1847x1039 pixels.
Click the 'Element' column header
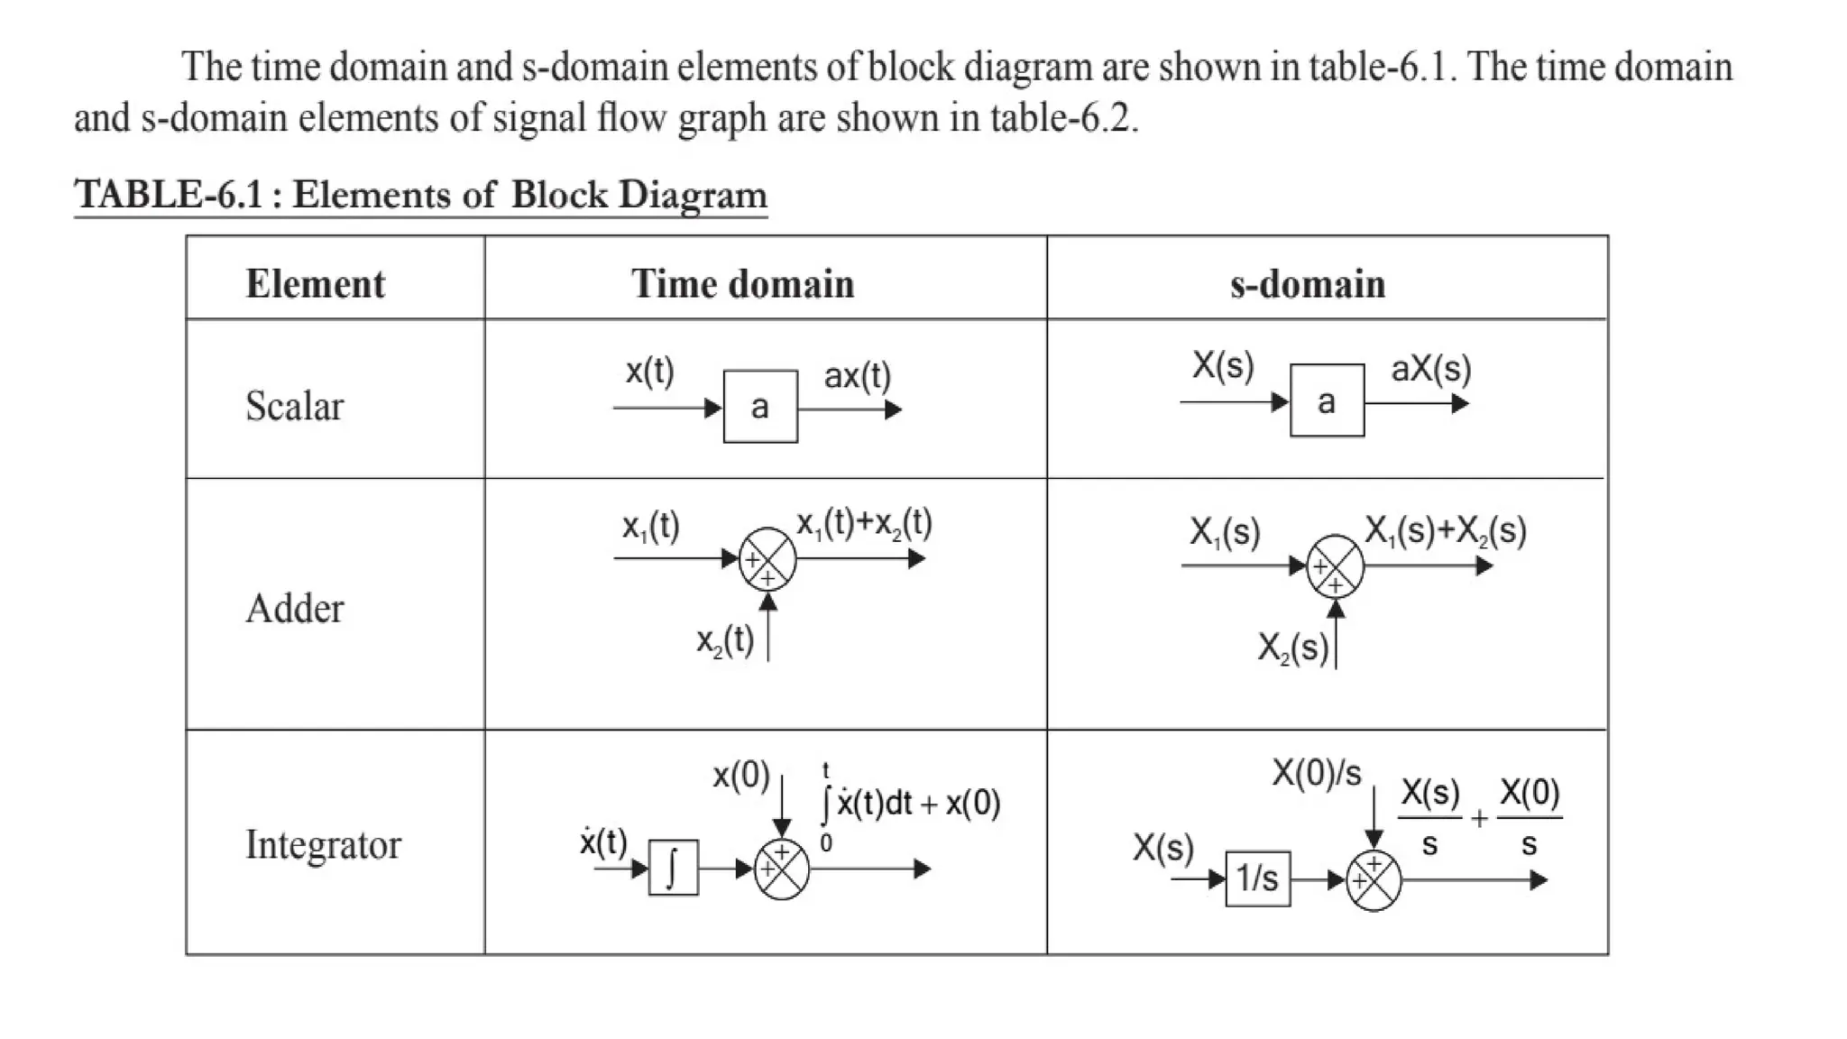coord(315,284)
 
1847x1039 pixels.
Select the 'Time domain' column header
coord(742,284)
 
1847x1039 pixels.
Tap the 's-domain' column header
coord(1307,284)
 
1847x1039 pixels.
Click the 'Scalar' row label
coord(295,406)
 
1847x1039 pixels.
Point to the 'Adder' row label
coord(295,609)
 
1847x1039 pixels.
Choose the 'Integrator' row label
coord(323,845)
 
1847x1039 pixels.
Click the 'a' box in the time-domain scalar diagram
coord(760,407)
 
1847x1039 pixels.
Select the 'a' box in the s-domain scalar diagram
coord(1327,401)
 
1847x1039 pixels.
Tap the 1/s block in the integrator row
coord(1257,878)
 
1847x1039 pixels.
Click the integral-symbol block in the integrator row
coord(673,868)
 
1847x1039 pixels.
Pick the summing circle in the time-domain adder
coord(767,559)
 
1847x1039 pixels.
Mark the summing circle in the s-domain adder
coord(1335,566)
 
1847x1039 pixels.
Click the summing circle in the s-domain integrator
coord(1374,880)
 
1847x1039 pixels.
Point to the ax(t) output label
coord(857,376)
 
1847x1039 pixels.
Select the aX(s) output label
coord(1430,369)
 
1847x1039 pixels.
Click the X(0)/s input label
coord(1316,774)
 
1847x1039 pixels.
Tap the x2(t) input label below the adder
coord(725,641)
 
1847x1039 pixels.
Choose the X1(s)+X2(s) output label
coord(1445,531)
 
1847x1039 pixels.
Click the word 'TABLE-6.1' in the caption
coord(169,195)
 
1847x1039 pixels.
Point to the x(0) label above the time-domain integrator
coord(741,776)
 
